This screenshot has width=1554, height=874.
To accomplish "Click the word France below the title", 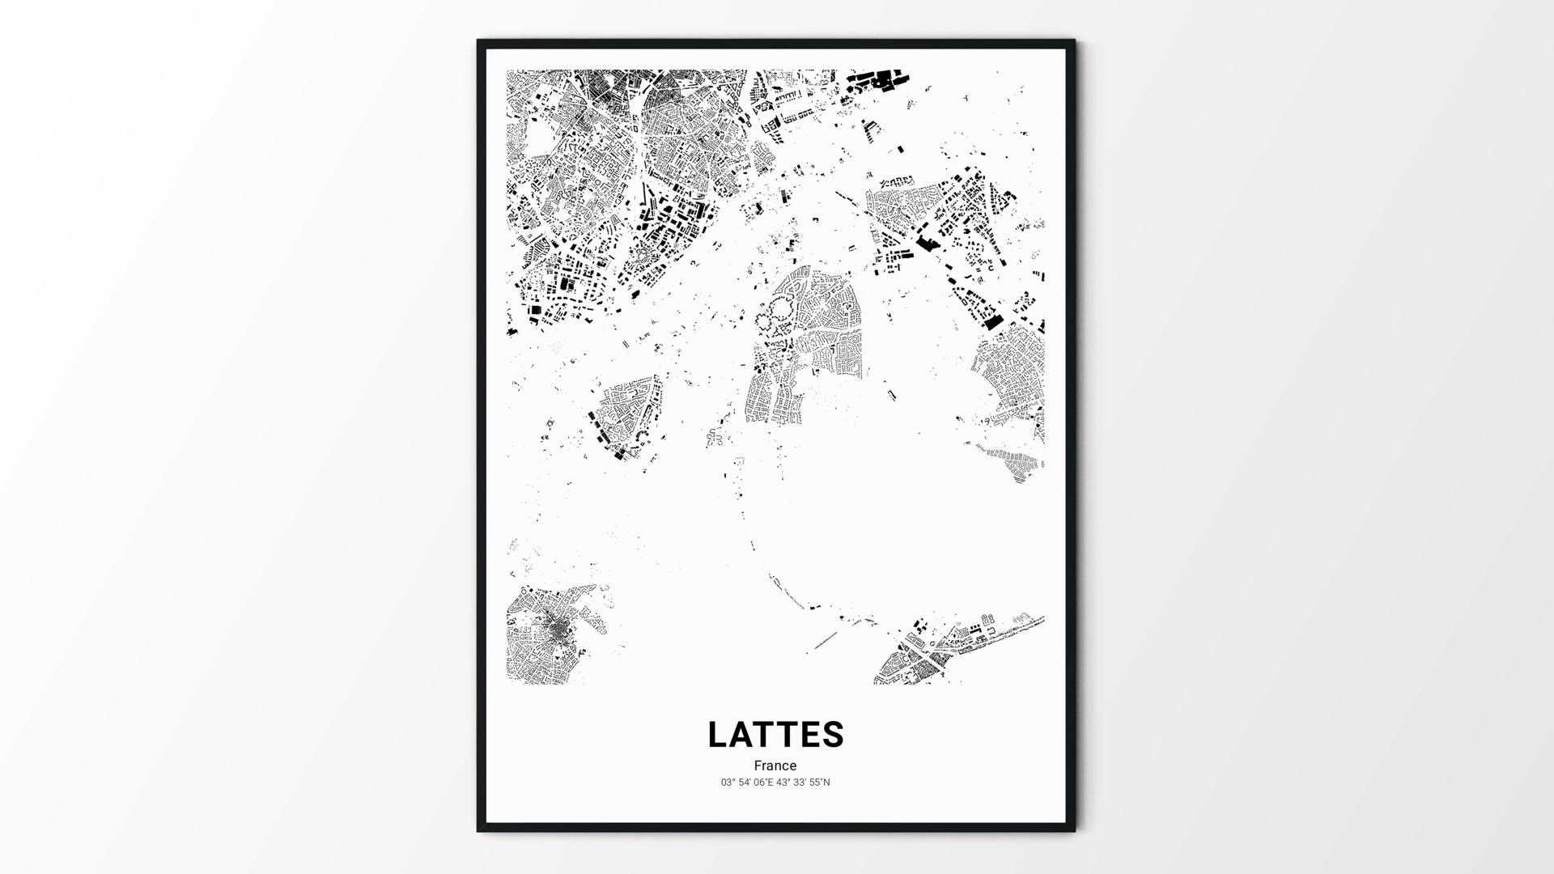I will pos(775,766).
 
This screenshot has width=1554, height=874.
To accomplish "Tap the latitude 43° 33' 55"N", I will pos(804,783).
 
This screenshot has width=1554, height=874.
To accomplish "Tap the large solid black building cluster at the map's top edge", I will pos(876,80).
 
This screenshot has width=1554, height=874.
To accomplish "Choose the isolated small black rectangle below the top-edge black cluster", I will pos(900,148).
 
